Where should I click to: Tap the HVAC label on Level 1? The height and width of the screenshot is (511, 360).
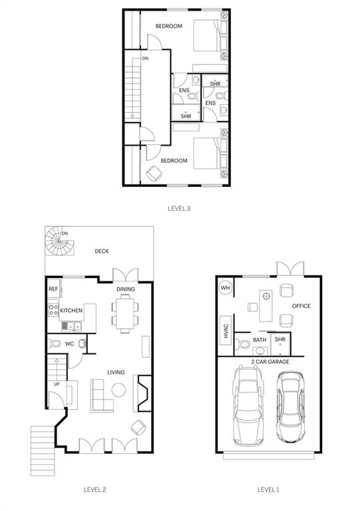coord(225,330)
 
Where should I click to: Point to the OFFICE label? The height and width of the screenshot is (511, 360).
coord(301,306)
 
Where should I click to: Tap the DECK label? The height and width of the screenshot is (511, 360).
coord(101,251)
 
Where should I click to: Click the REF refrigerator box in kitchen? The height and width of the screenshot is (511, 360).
coord(53,289)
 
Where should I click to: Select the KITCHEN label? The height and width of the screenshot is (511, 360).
coord(71,311)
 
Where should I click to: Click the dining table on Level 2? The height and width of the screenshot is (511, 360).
coord(125,311)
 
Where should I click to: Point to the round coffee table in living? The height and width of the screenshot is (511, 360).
coord(119,389)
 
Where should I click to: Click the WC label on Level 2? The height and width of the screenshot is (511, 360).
coord(69,344)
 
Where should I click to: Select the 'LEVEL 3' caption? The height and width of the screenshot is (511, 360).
coord(179,208)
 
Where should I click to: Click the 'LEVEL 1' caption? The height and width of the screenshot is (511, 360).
coord(268,490)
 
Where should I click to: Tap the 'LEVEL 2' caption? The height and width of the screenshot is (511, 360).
coord(94,490)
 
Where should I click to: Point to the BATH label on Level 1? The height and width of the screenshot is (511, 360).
coord(260,340)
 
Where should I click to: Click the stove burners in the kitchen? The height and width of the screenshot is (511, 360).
coord(53,310)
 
